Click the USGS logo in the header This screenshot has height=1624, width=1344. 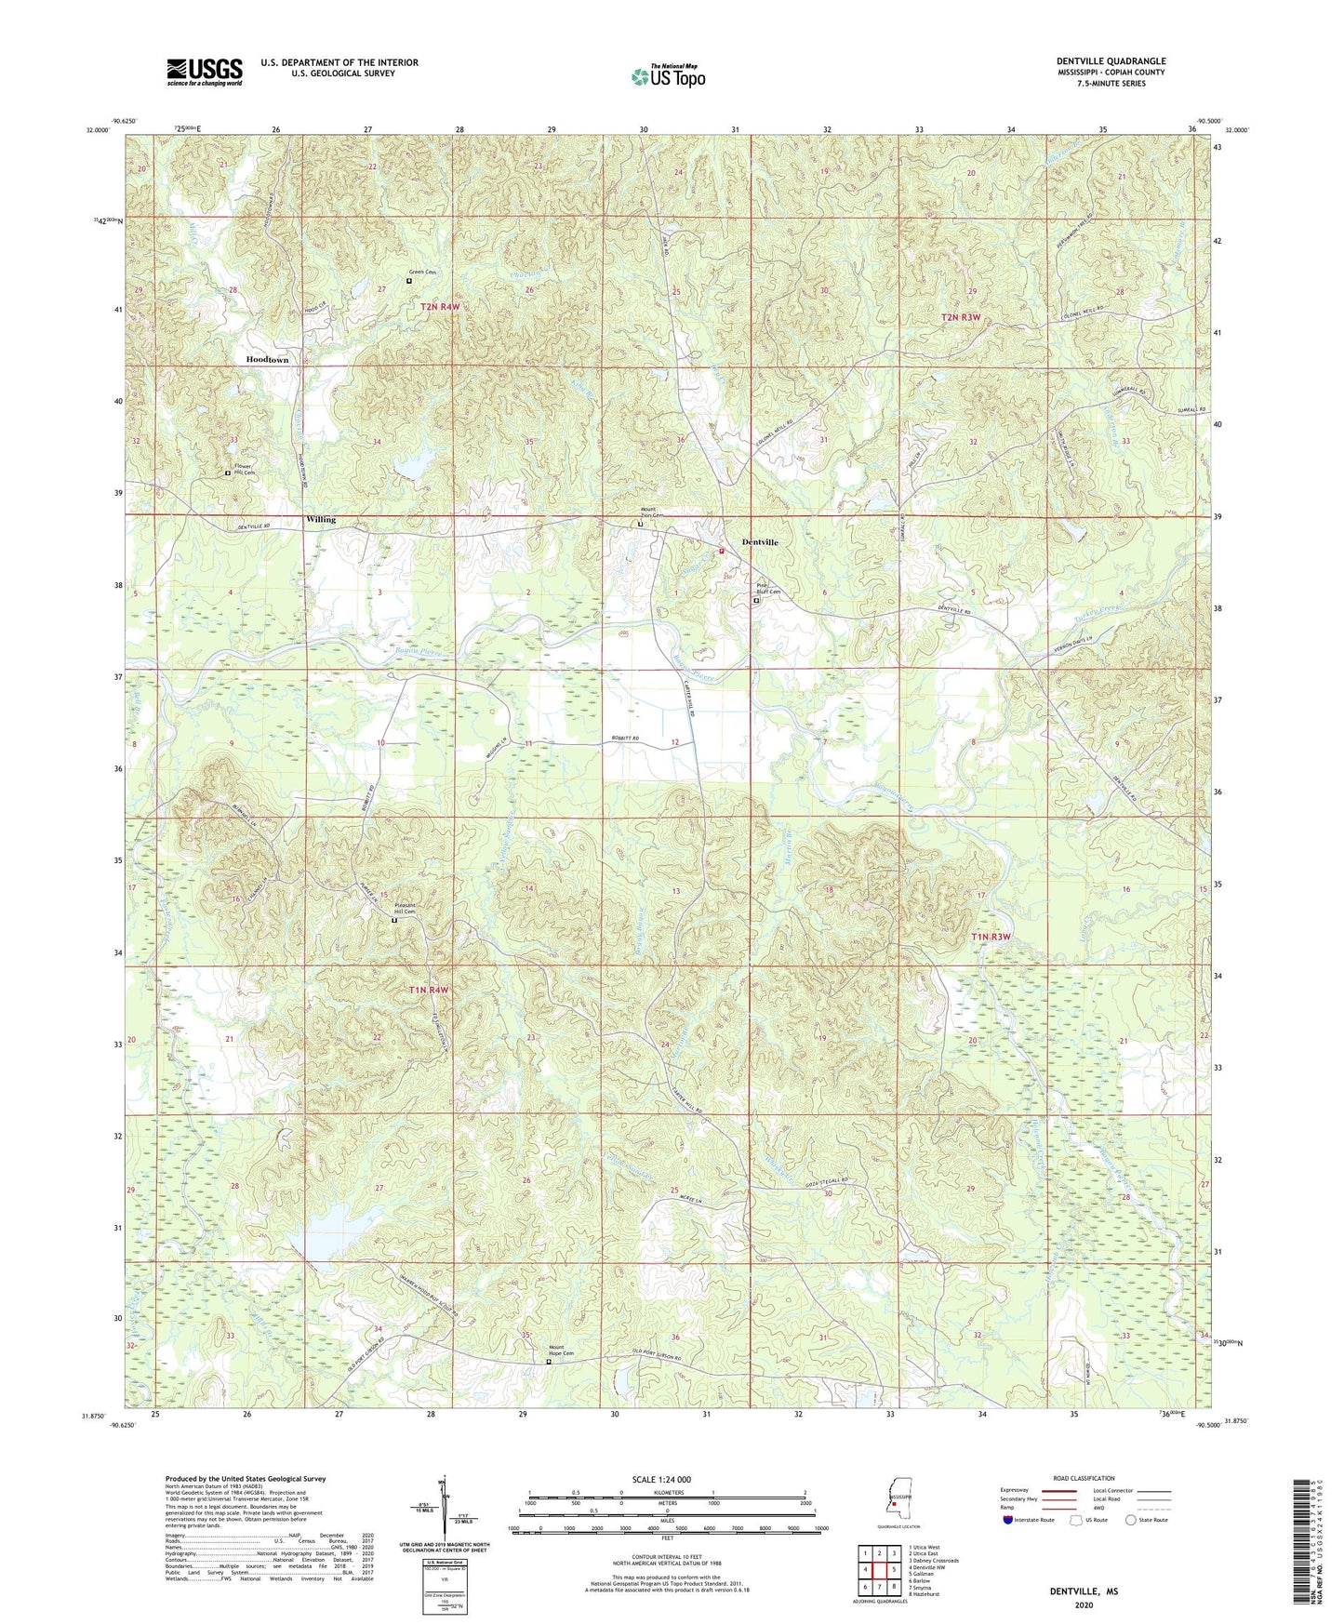(x=205, y=72)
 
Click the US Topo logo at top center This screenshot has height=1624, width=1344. (x=668, y=76)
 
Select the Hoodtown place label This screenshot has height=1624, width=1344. (x=267, y=359)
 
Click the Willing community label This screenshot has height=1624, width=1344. (x=321, y=520)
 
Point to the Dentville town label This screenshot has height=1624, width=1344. (x=760, y=542)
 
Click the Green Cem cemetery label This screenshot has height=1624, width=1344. (x=423, y=273)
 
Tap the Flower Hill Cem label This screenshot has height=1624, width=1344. (x=243, y=470)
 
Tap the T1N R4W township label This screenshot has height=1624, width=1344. (x=429, y=991)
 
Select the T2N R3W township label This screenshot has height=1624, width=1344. (x=961, y=317)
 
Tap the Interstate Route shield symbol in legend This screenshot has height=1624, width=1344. (x=1008, y=1521)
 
